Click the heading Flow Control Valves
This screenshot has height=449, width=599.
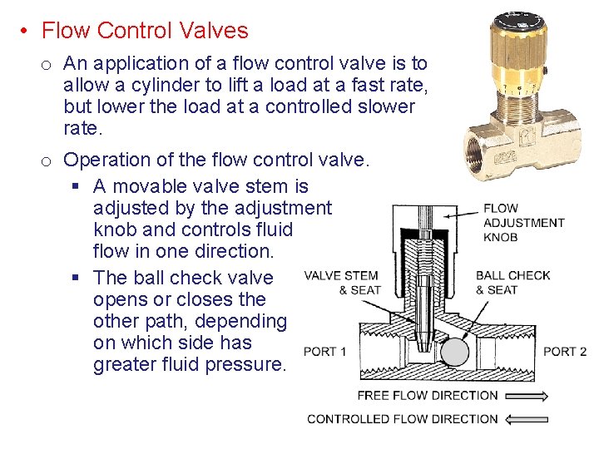point(145,31)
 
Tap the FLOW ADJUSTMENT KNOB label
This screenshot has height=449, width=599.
point(523,223)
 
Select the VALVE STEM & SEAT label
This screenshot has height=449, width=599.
point(341,283)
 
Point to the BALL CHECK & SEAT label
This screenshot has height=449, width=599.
point(512,283)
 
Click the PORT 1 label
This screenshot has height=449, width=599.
point(325,352)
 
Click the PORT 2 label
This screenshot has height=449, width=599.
point(565,352)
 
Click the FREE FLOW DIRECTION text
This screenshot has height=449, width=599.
point(428,396)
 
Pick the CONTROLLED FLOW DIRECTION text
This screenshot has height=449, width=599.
point(403,419)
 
